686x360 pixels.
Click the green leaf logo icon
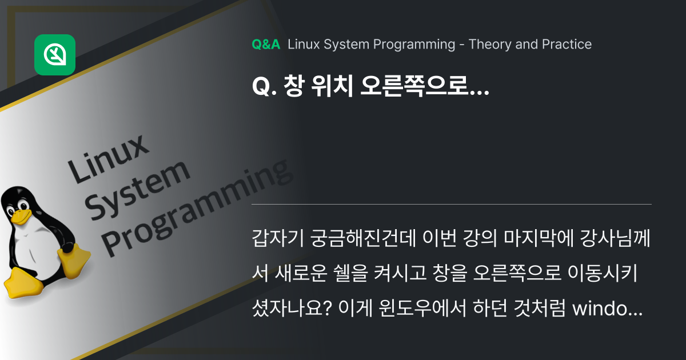click(55, 55)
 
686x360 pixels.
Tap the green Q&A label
click(266, 45)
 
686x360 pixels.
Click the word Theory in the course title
click(487, 45)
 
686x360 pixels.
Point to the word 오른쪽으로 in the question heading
click(424, 91)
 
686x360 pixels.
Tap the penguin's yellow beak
click(21, 216)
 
